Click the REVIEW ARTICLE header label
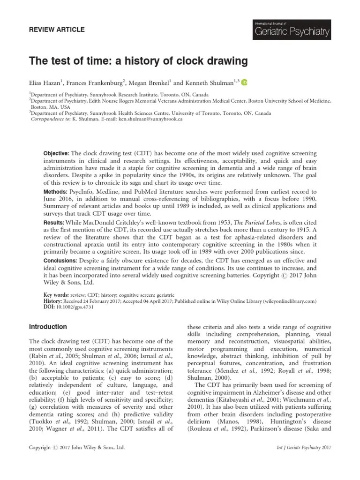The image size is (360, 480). [x=57, y=30]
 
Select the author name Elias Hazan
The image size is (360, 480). [x=45, y=82]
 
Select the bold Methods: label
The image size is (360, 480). [x=55, y=191]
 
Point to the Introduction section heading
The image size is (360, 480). [x=48, y=327]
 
